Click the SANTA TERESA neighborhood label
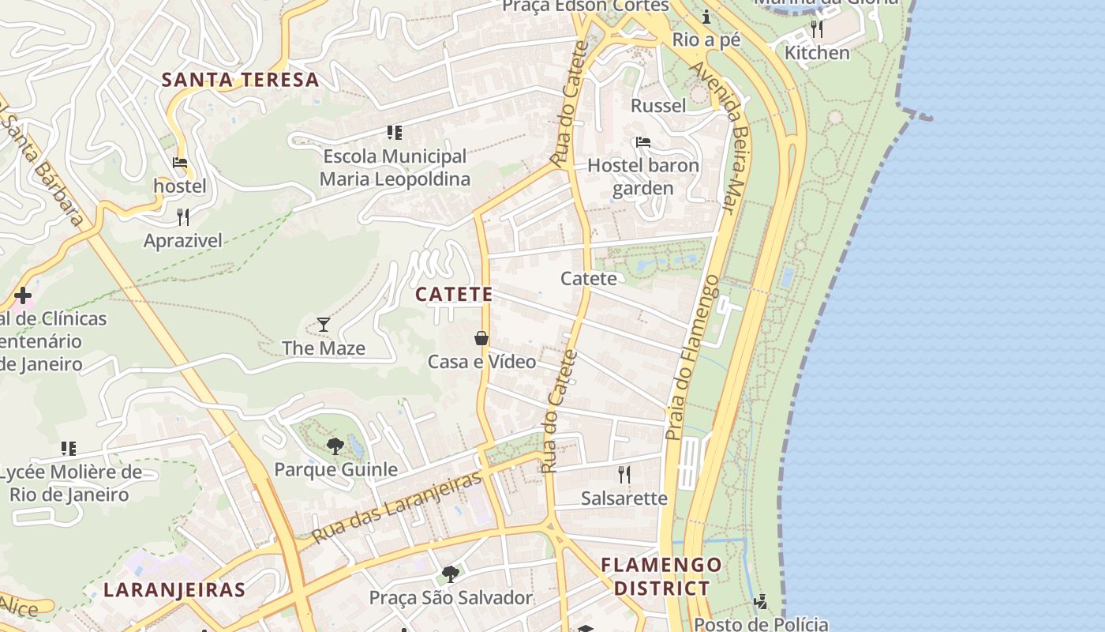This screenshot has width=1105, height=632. click(x=240, y=80)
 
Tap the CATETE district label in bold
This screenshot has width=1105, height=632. click(x=454, y=295)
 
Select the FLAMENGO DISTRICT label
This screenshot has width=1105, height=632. click(x=661, y=577)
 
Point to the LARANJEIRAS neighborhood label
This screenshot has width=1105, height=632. click(x=174, y=590)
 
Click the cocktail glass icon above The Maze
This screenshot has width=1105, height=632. click(x=324, y=325)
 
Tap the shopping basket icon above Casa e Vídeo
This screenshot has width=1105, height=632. click(x=481, y=338)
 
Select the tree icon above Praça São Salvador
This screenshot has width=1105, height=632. click(x=451, y=574)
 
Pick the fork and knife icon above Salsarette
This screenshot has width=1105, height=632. click(x=624, y=474)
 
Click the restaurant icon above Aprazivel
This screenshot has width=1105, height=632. click(x=183, y=217)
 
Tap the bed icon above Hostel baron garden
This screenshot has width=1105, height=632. click(x=643, y=142)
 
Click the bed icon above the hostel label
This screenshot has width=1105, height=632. click(x=180, y=164)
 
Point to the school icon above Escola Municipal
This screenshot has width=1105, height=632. click(x=395, y=133)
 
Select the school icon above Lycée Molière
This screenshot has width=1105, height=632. click(x=69, y=449)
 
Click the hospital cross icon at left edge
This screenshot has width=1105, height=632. click(x=23, y=296)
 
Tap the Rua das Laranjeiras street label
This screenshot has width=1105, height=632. click(x=396, y=508)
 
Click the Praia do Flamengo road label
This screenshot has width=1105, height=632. click(x=692, y=357)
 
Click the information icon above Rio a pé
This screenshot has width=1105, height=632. click(x=706, y=17)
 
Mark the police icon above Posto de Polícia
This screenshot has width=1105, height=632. click(x=761, y=602)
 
